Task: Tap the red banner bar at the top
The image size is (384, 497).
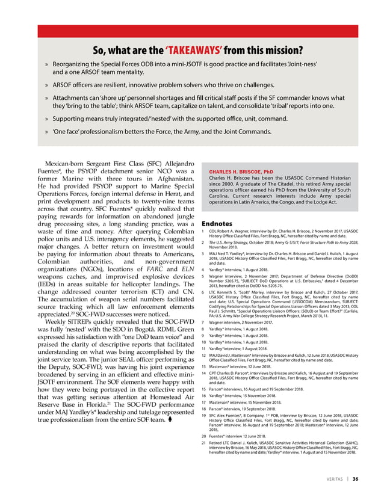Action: [x=192, y=31]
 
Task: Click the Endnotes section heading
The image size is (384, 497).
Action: [x=217, y=223]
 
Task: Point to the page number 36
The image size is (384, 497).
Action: [x=356, y=479]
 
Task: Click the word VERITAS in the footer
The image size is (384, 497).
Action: [x=330, y=479]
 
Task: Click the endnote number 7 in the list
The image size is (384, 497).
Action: [x=203, y=323]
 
